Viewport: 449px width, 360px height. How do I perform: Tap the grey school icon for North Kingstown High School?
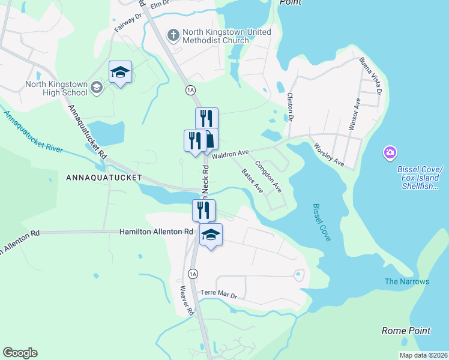96,89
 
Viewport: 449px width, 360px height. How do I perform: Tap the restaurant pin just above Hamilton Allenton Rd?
203,210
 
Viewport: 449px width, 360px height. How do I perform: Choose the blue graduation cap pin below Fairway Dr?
120,73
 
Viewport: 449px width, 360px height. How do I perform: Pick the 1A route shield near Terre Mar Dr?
193,274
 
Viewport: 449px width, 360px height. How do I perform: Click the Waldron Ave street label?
229,154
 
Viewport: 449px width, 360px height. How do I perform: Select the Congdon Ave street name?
269,176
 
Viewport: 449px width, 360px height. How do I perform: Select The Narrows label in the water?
407,281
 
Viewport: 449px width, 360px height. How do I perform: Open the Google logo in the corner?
20,353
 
